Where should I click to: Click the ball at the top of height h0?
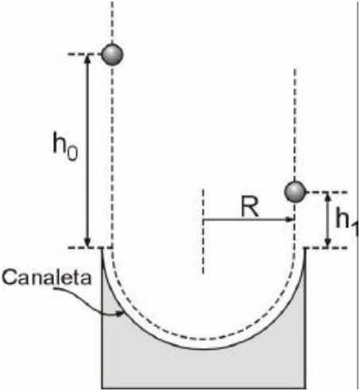click(112, 55)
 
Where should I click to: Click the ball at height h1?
click(295, 192)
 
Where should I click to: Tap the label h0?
click(65, 147)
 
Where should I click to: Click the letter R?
click(250, 207)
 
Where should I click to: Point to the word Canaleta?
click(47, 277)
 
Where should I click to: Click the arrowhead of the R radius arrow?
click(290, 219)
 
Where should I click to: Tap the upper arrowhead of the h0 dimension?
click(87, 59)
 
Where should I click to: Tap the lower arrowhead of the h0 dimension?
click(87, 243)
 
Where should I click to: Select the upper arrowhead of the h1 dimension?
click(328, 196)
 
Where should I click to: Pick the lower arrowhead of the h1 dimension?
click(328, 243)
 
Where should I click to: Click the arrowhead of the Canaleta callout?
click(120, 314)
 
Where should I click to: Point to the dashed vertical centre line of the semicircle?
click(203, 231)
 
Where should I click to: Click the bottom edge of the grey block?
click(203, 388)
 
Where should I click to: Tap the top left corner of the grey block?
click(102, 248)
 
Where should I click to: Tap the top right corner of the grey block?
click(306, 248)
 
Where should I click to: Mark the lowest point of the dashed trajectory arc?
click(203, 339)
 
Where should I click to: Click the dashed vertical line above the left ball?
click(112, 22)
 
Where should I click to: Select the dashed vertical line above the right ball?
click(295, 125)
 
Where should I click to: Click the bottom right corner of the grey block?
click(306, 388)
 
